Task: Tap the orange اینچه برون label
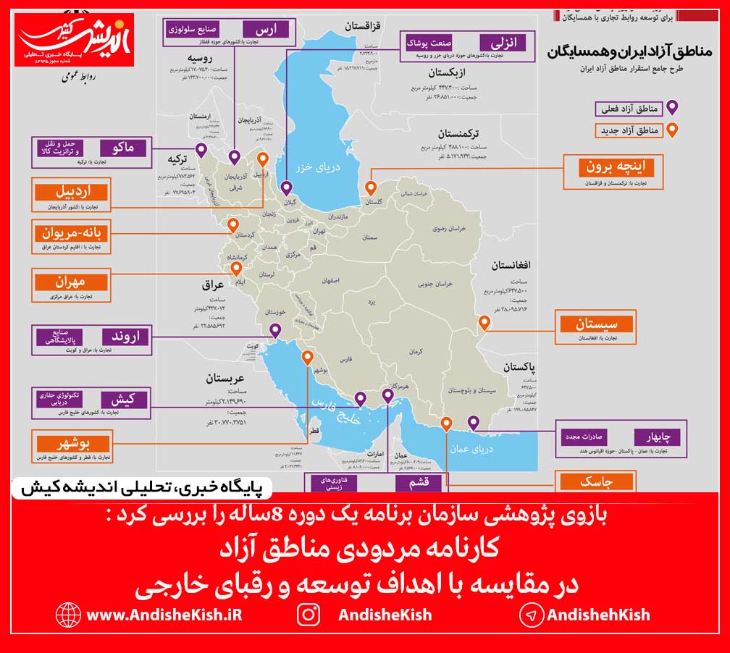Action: (616, 167)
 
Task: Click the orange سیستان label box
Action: (595, 323)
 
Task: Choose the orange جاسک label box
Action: (596, 482)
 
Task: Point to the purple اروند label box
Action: (125, 336)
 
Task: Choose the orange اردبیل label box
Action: (72, 193)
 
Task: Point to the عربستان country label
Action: (225, 378)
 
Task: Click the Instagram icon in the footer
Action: (309, 615)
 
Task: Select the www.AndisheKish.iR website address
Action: (164, 615)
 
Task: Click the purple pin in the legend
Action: (671, 108)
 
